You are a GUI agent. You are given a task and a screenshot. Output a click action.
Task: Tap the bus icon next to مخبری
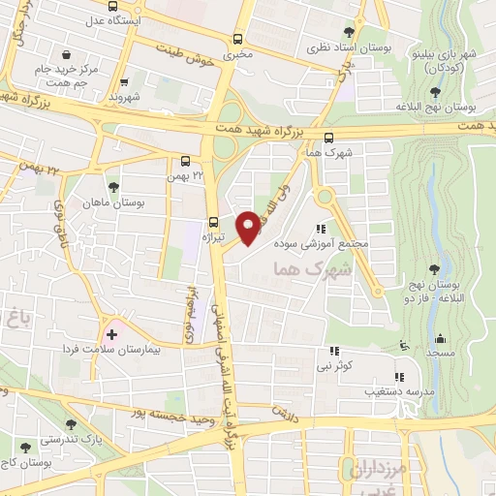click(238, 39)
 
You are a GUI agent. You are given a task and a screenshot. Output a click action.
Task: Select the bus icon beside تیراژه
click(214, 221)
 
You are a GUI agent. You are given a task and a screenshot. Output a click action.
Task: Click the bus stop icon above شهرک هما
click(329, 138)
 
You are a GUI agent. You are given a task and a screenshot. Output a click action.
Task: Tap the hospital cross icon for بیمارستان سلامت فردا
click(112, 334)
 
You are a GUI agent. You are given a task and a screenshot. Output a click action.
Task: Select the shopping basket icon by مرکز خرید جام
click(65, 55)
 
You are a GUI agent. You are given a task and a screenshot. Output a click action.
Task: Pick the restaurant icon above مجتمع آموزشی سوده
click(320, 229)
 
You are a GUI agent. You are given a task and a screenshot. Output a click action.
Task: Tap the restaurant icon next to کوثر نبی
click(335, 352)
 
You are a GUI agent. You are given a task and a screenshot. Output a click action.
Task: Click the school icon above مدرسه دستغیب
click(398, 377)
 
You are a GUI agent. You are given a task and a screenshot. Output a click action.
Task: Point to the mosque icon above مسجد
click(441, 338)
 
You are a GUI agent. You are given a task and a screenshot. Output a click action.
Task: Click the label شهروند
click(125, 98)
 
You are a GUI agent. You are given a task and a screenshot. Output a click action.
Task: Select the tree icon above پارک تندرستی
click(70, 424)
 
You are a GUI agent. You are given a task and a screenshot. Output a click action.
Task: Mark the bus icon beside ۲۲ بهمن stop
click(185, 162)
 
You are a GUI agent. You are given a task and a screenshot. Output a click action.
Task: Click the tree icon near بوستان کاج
click(24, 448)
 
